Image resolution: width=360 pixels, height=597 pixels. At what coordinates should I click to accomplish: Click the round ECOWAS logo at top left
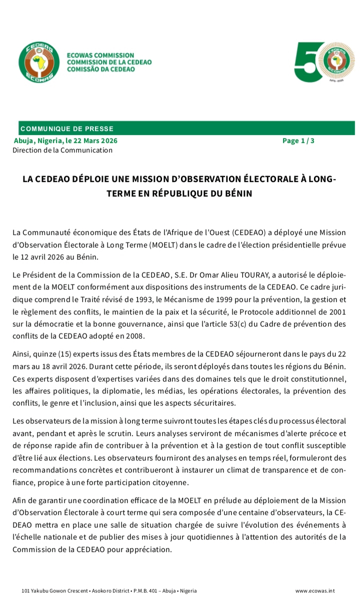[35, 62]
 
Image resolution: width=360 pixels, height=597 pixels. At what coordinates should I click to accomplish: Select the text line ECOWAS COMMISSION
[100, 55]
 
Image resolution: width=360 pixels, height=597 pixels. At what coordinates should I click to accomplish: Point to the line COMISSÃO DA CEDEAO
[100, 69]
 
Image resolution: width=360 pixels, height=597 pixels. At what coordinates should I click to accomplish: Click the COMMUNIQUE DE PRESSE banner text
[67, 129]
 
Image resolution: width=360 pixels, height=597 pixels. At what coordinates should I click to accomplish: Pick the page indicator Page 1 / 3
[298, 140]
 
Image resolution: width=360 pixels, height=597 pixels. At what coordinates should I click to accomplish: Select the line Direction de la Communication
[62, 150]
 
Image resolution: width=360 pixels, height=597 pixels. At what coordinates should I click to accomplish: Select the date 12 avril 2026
[39, 256]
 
